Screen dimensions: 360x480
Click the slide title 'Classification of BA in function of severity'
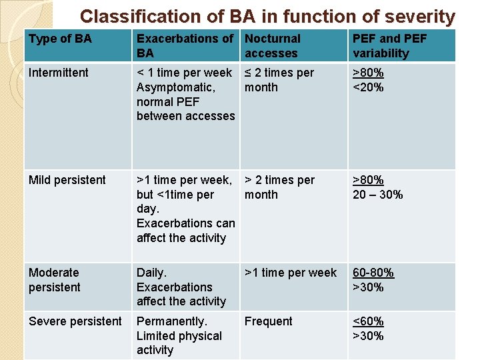pos(267,16)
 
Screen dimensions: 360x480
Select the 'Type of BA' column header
pos(60,39)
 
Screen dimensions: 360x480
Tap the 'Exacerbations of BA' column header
pos(185,46)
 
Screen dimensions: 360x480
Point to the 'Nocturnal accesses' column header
pos(272,46)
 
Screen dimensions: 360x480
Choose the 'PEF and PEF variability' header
pos(389,46)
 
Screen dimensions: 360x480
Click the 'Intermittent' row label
pos(59,73)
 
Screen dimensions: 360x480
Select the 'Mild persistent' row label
pos(67,180)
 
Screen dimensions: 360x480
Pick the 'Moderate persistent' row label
pos(55,280)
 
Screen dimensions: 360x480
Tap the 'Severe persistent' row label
pos(75,321)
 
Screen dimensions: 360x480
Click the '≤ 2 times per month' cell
pos(279,80)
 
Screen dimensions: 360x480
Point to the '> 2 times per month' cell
pos(279,187)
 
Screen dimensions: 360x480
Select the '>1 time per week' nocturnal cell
pos(291,273)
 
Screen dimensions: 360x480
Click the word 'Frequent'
pos(268,321)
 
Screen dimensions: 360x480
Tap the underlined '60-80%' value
pos(373,273)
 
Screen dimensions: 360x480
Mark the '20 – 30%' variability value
pos(377,195)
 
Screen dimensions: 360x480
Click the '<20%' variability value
pos(368,87)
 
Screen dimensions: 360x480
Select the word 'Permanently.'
pos(172,321)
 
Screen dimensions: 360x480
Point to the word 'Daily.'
pos(151,273)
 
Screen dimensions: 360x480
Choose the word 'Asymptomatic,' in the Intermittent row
pos(175,87)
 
